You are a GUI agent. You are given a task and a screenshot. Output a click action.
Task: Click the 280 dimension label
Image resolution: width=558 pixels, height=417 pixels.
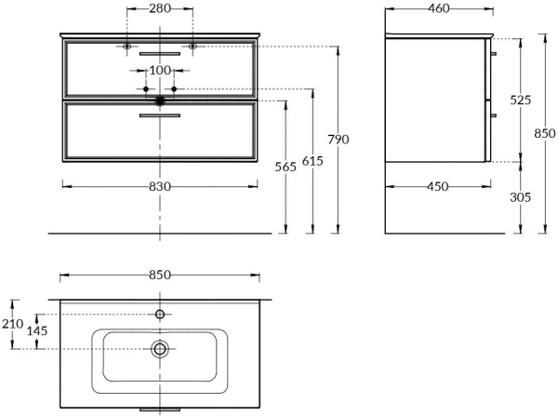[160, 9]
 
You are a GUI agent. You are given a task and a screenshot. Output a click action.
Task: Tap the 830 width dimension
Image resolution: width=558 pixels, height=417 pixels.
[160, 186]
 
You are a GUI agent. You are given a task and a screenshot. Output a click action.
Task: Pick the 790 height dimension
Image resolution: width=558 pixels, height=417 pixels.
[339, 139]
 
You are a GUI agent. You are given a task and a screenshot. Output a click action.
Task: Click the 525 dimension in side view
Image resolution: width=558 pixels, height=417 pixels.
[520, 100]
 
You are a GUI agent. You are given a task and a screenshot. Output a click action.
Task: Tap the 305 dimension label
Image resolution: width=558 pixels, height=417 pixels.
[520, 197]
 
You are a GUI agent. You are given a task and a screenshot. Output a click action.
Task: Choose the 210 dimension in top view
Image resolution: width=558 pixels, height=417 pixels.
[12, 324]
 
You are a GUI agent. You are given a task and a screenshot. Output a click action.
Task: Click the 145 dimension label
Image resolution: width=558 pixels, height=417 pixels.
[36, 331]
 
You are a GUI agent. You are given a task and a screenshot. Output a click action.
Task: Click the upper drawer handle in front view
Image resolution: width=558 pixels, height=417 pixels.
[160, 54]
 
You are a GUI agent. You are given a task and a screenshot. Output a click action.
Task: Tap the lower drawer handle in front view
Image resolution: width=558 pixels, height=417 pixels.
[160, 115]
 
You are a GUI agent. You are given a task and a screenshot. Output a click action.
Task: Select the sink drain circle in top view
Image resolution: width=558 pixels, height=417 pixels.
[160, 349]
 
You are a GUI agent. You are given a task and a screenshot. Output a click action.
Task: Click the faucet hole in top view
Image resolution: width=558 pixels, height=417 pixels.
[160, 315]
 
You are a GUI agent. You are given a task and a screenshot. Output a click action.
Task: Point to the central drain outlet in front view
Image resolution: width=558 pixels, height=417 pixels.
[160, 99]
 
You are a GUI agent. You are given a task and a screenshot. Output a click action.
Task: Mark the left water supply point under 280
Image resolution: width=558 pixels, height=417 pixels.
[127, 46]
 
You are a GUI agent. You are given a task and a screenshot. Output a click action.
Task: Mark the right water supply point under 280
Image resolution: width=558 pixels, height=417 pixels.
[193, 46]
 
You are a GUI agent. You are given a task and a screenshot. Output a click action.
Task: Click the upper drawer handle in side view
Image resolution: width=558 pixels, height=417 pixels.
[493, 54]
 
